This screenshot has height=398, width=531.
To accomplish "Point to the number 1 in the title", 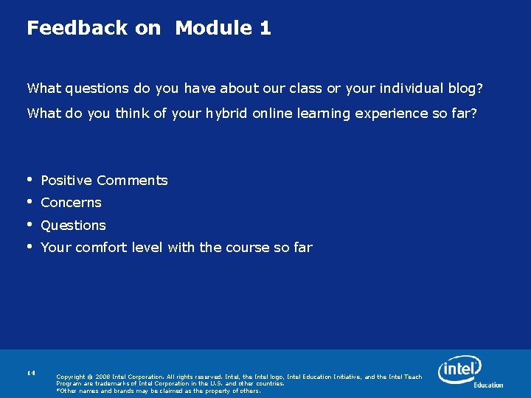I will pyautogui.click(x=265, y=28).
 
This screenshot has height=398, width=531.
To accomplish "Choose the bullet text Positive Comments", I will pyautogui.click(x=104, y=181).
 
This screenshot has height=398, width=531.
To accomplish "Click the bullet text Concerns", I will pyautogui.click(x=71, y=203).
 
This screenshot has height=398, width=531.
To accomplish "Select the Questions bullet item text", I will pyautogui.click(x=73, y=226).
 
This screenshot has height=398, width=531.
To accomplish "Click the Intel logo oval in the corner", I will pyautogui.click(x=459, y=368).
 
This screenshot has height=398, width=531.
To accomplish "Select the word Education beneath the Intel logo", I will pyautogui.click(x=488, y=385).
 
